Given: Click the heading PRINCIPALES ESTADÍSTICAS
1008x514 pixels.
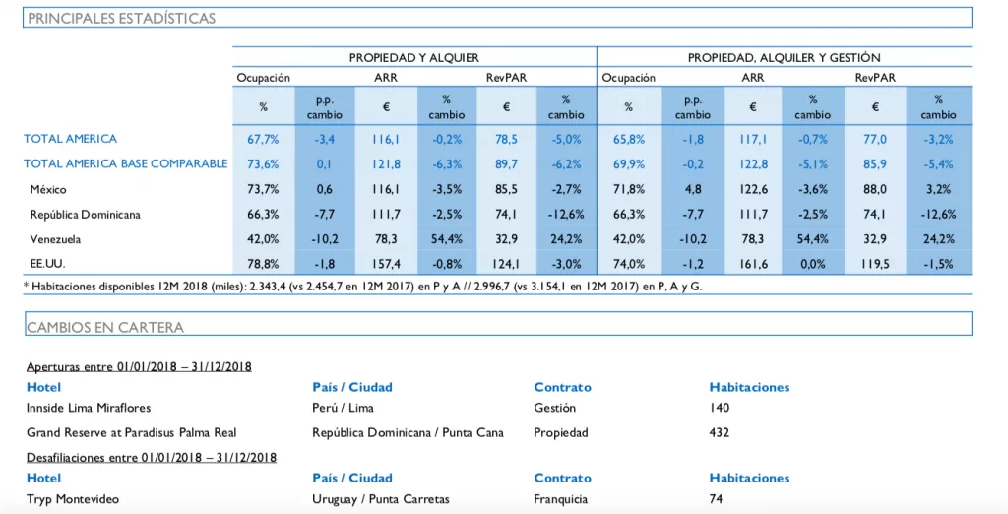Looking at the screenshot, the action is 121,18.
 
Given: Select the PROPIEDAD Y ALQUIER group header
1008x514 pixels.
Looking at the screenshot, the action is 414,58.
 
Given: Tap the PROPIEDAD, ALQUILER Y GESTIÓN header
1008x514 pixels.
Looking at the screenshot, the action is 785,58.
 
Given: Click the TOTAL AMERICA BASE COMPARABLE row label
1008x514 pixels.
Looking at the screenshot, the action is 125,163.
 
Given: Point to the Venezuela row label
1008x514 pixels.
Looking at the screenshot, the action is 55,239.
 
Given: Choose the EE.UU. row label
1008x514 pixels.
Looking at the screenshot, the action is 47,264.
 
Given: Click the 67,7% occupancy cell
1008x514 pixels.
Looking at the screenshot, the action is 263,139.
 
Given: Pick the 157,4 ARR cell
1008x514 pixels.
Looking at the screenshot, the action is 386,264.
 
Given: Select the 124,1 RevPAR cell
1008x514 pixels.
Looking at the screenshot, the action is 507,264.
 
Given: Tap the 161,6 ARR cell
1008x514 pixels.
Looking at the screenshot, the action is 753,264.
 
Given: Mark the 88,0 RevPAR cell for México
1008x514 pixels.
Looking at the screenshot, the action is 875,189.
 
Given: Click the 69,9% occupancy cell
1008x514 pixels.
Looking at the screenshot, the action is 628,164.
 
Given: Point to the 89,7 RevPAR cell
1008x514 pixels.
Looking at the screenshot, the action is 507,164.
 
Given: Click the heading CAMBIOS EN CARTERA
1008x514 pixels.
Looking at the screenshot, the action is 105,327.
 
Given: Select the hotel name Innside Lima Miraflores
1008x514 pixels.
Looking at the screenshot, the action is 89,408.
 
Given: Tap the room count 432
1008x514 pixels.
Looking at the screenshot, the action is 720,432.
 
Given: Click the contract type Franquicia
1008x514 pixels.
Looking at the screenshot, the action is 560,499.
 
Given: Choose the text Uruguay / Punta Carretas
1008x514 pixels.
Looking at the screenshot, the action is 381,499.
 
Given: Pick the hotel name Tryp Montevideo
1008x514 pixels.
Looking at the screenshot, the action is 73,499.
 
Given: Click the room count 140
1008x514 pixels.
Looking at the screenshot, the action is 720,408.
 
